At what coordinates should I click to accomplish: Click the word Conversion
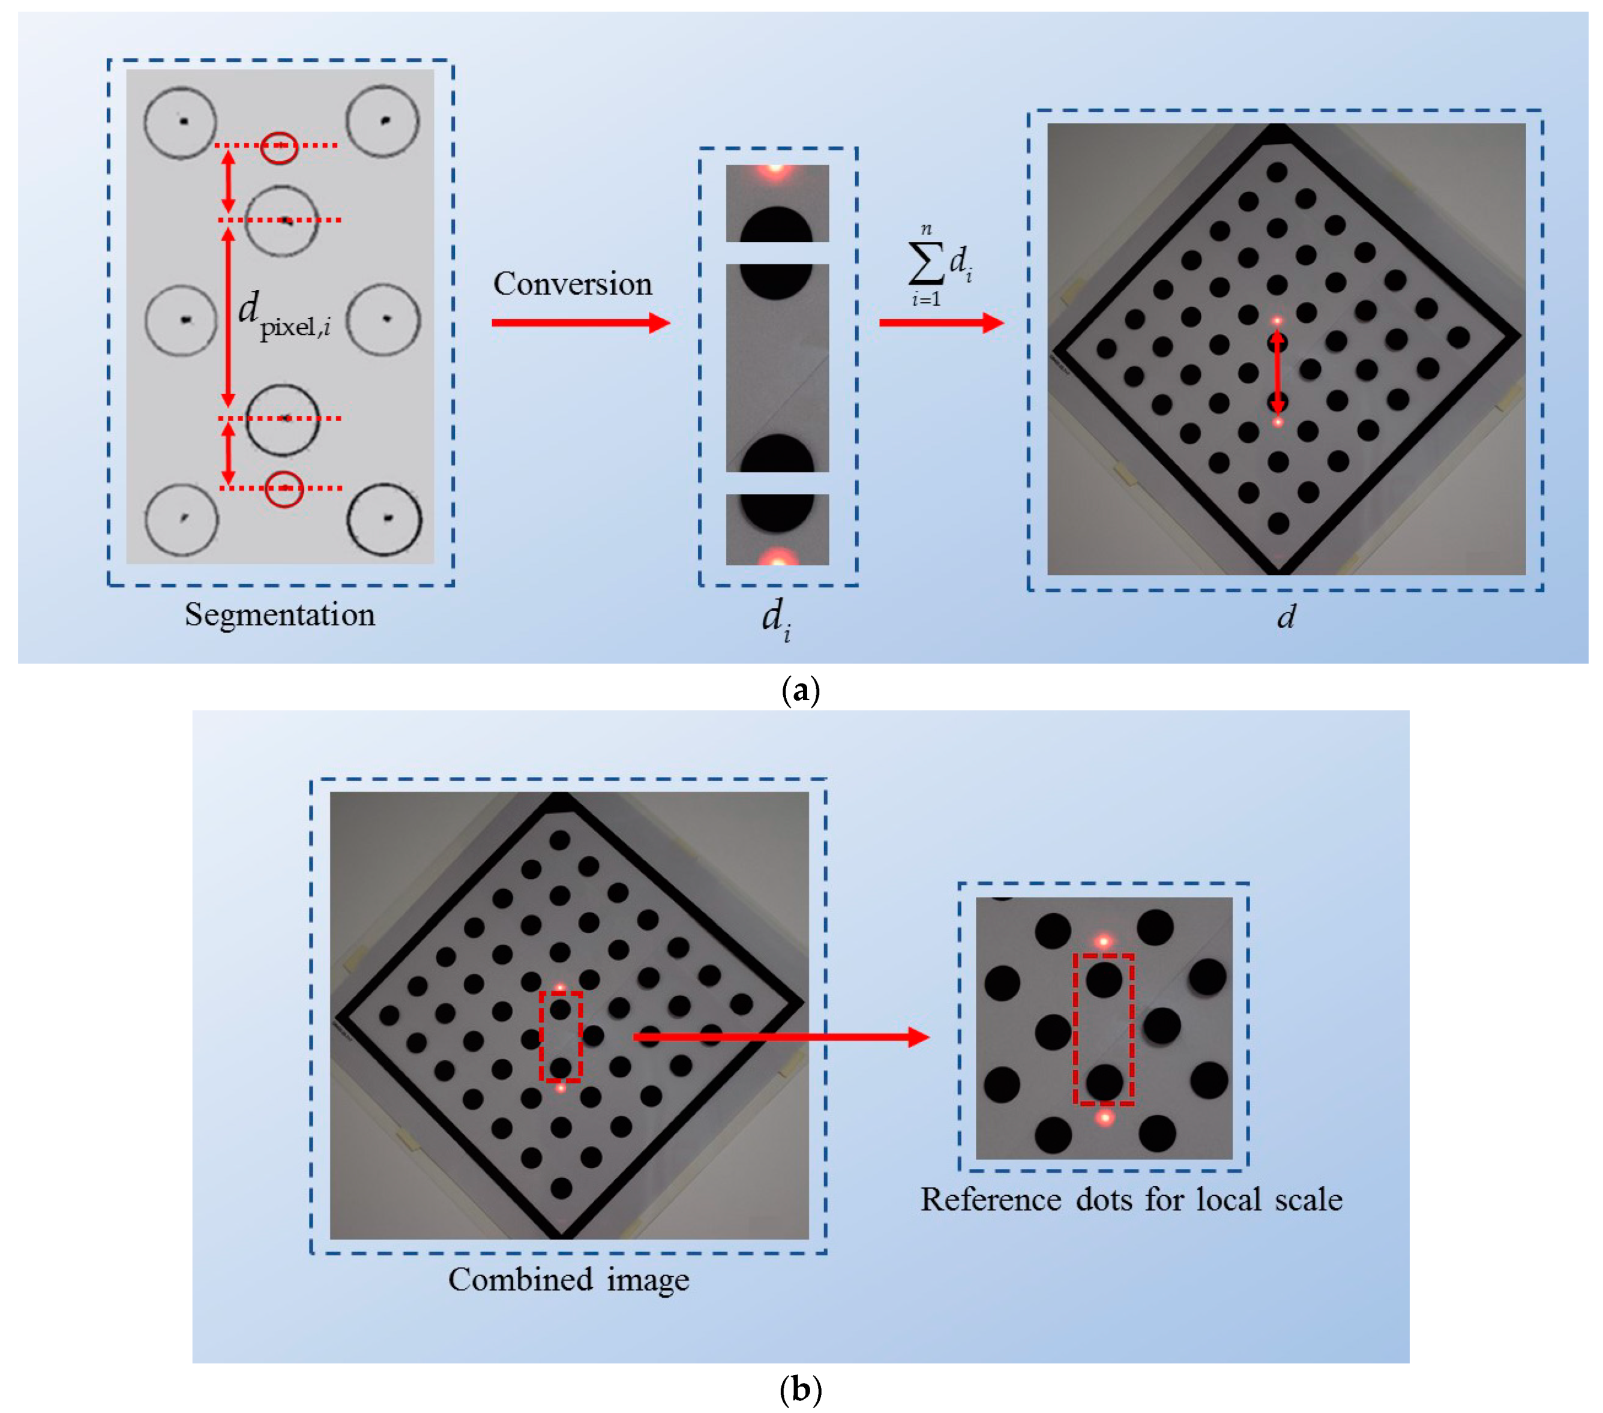pyautogui.click(x=573, y=284)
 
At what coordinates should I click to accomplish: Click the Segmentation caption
pyautogui.click(x=280, y=615)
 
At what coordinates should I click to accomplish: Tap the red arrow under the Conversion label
pyautogui.click(x=580, y=322)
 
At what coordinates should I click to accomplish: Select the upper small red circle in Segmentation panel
pyautogui.click(x=279, y=146)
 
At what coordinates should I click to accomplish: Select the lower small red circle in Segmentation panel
pyautogui.click(x=284, y=488)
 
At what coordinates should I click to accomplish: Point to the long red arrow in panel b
pyautogui.click(x=780, y=1037)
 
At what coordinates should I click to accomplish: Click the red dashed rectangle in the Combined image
pyautogui.click(x=560, y=1037)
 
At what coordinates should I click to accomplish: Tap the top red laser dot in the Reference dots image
pyautogui.click(x=1104, y=941)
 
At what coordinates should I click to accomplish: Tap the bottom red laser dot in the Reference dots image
pyautogui.click(x=1104, y=1117)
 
